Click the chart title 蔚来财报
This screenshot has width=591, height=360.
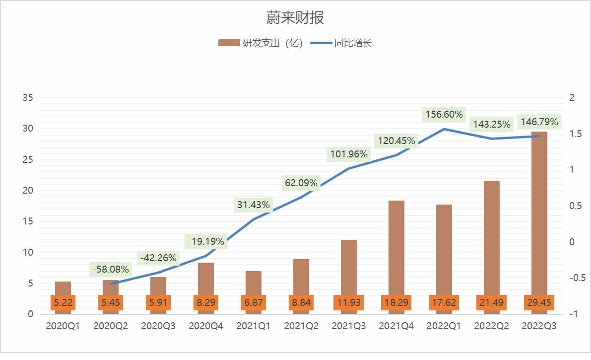pyautogui.click(x=295, y=18)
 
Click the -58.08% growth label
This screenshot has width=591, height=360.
pyautogui.click(x=110, y=270)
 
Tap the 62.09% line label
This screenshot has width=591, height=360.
pyautogui.click(x=301, y=183)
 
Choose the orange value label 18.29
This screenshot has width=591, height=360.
pyautogui.click(x=396, y=302)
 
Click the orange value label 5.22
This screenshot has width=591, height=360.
pyautogui.click(x=63, y=302)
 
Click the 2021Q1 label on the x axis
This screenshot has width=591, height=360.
pyautogui.click(x=254, y=326)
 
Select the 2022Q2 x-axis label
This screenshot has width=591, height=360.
pyautogui.click(x=492, y=326)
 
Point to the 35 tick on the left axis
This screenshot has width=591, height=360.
pyautogui.click(x=28, y=98)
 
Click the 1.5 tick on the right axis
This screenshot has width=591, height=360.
pyautogui.click(x=575, y=134)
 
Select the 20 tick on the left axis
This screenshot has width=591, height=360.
pyautogui.click(x=28, y=191)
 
